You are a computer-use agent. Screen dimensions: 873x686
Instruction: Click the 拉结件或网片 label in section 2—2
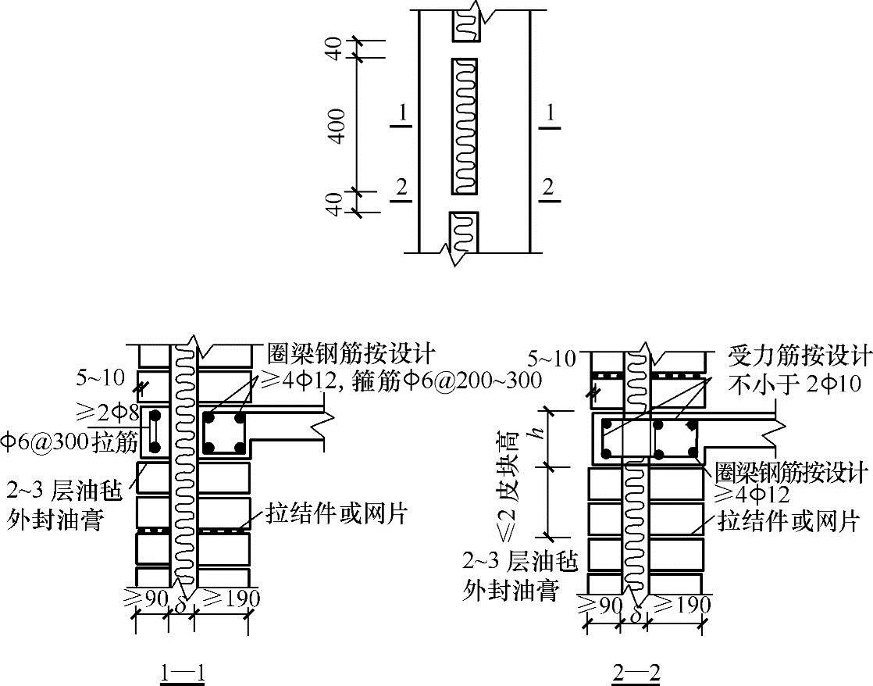[x=789, y=521]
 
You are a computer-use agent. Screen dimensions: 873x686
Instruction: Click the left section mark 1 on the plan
[x=401, y=115]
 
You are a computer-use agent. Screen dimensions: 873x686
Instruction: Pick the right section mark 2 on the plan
[x=548, y=188]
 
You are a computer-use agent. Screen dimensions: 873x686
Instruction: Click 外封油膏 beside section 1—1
[x=54, y=520]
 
